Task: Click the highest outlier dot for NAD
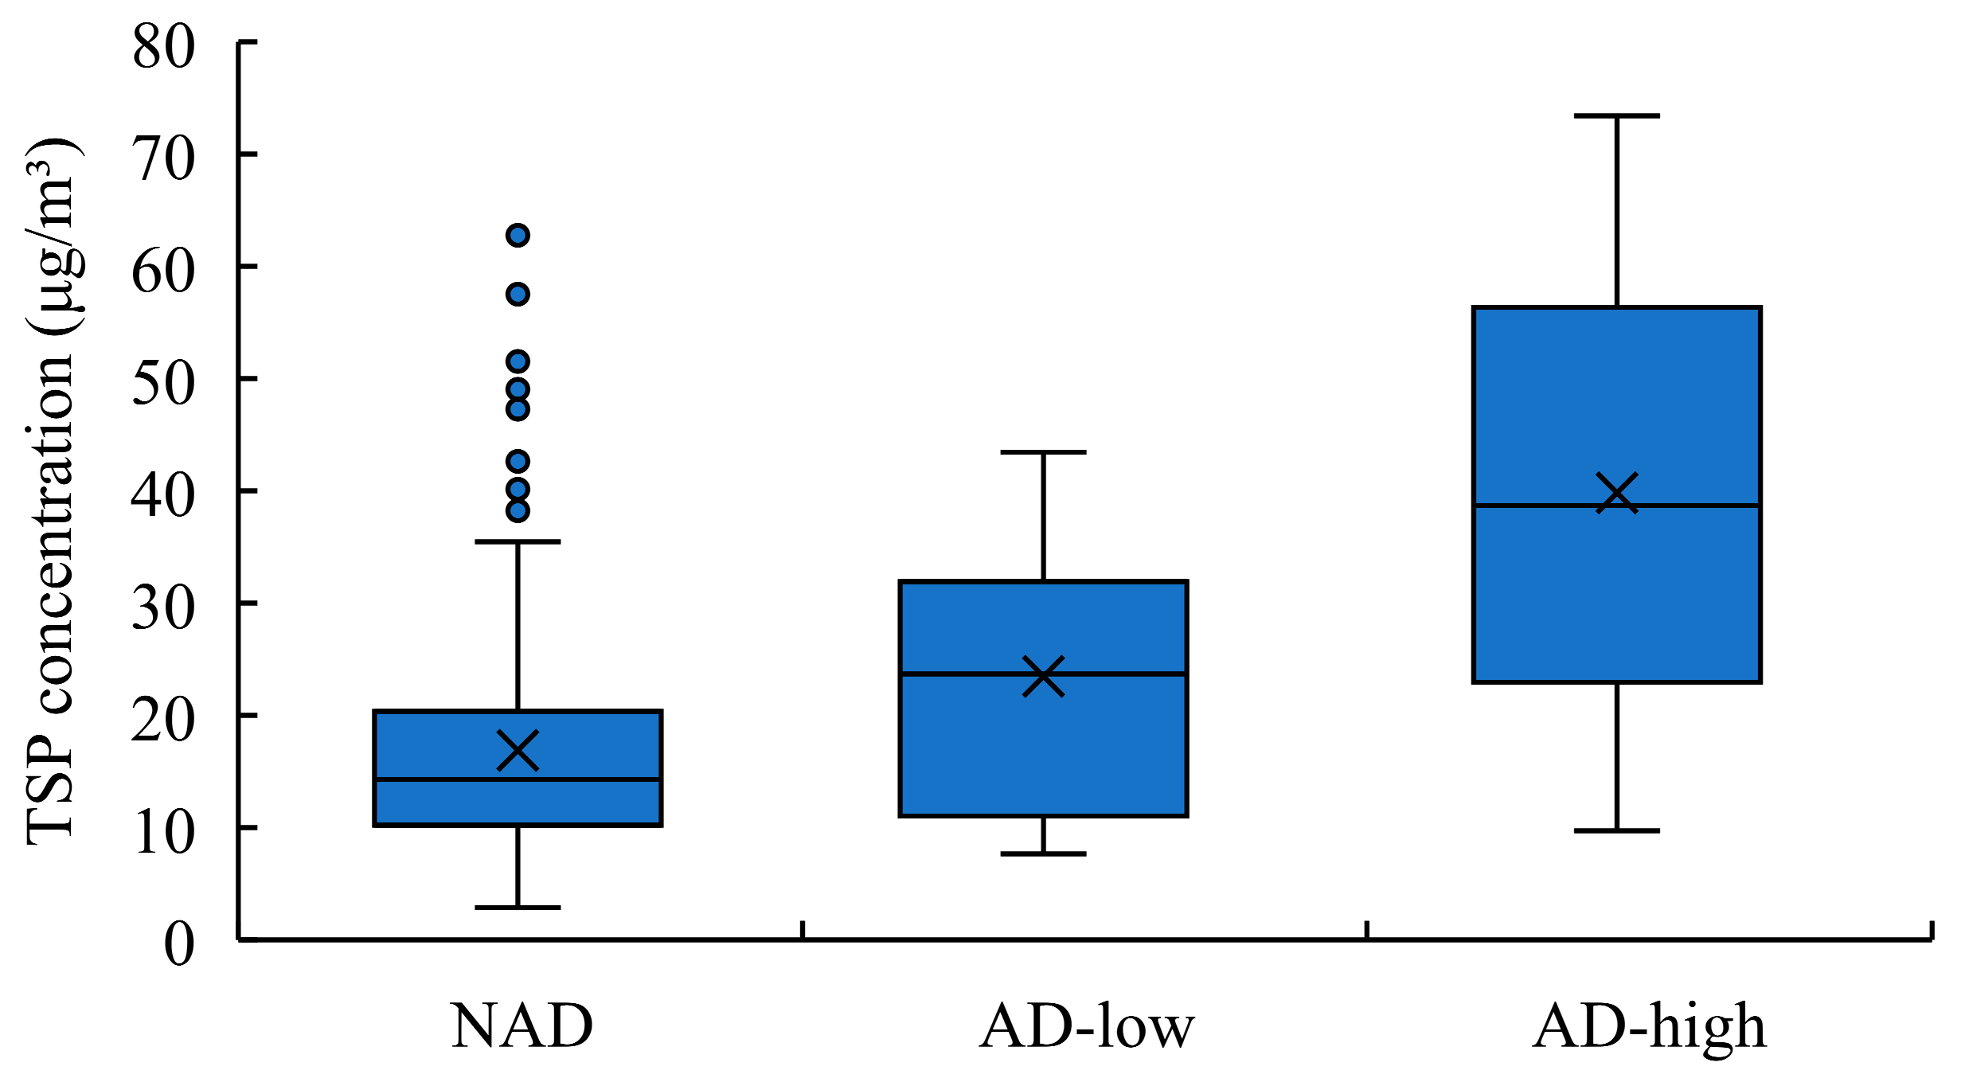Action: tap(518, 235)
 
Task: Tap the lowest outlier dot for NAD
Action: tap(518, 510)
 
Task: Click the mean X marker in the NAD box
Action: tap(518, 750)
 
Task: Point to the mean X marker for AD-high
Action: tap(1617, 493)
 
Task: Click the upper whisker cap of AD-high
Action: tap(1617, 116)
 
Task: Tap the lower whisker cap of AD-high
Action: tap(1617, 830)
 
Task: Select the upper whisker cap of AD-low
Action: tap(1043, 452)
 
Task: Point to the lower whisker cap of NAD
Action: tap(518, 907)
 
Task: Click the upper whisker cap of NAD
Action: tap(518, 541)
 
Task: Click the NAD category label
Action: tap(522, 1026)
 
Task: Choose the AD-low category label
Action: tap(1088, 1026)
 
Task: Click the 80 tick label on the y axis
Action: tap(163, 46)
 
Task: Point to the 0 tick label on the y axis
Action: tap(179, 944)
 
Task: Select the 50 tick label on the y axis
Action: tap(163, 383)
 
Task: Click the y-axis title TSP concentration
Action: tap(53, 490)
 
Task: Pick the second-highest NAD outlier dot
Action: tap(518, 295)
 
